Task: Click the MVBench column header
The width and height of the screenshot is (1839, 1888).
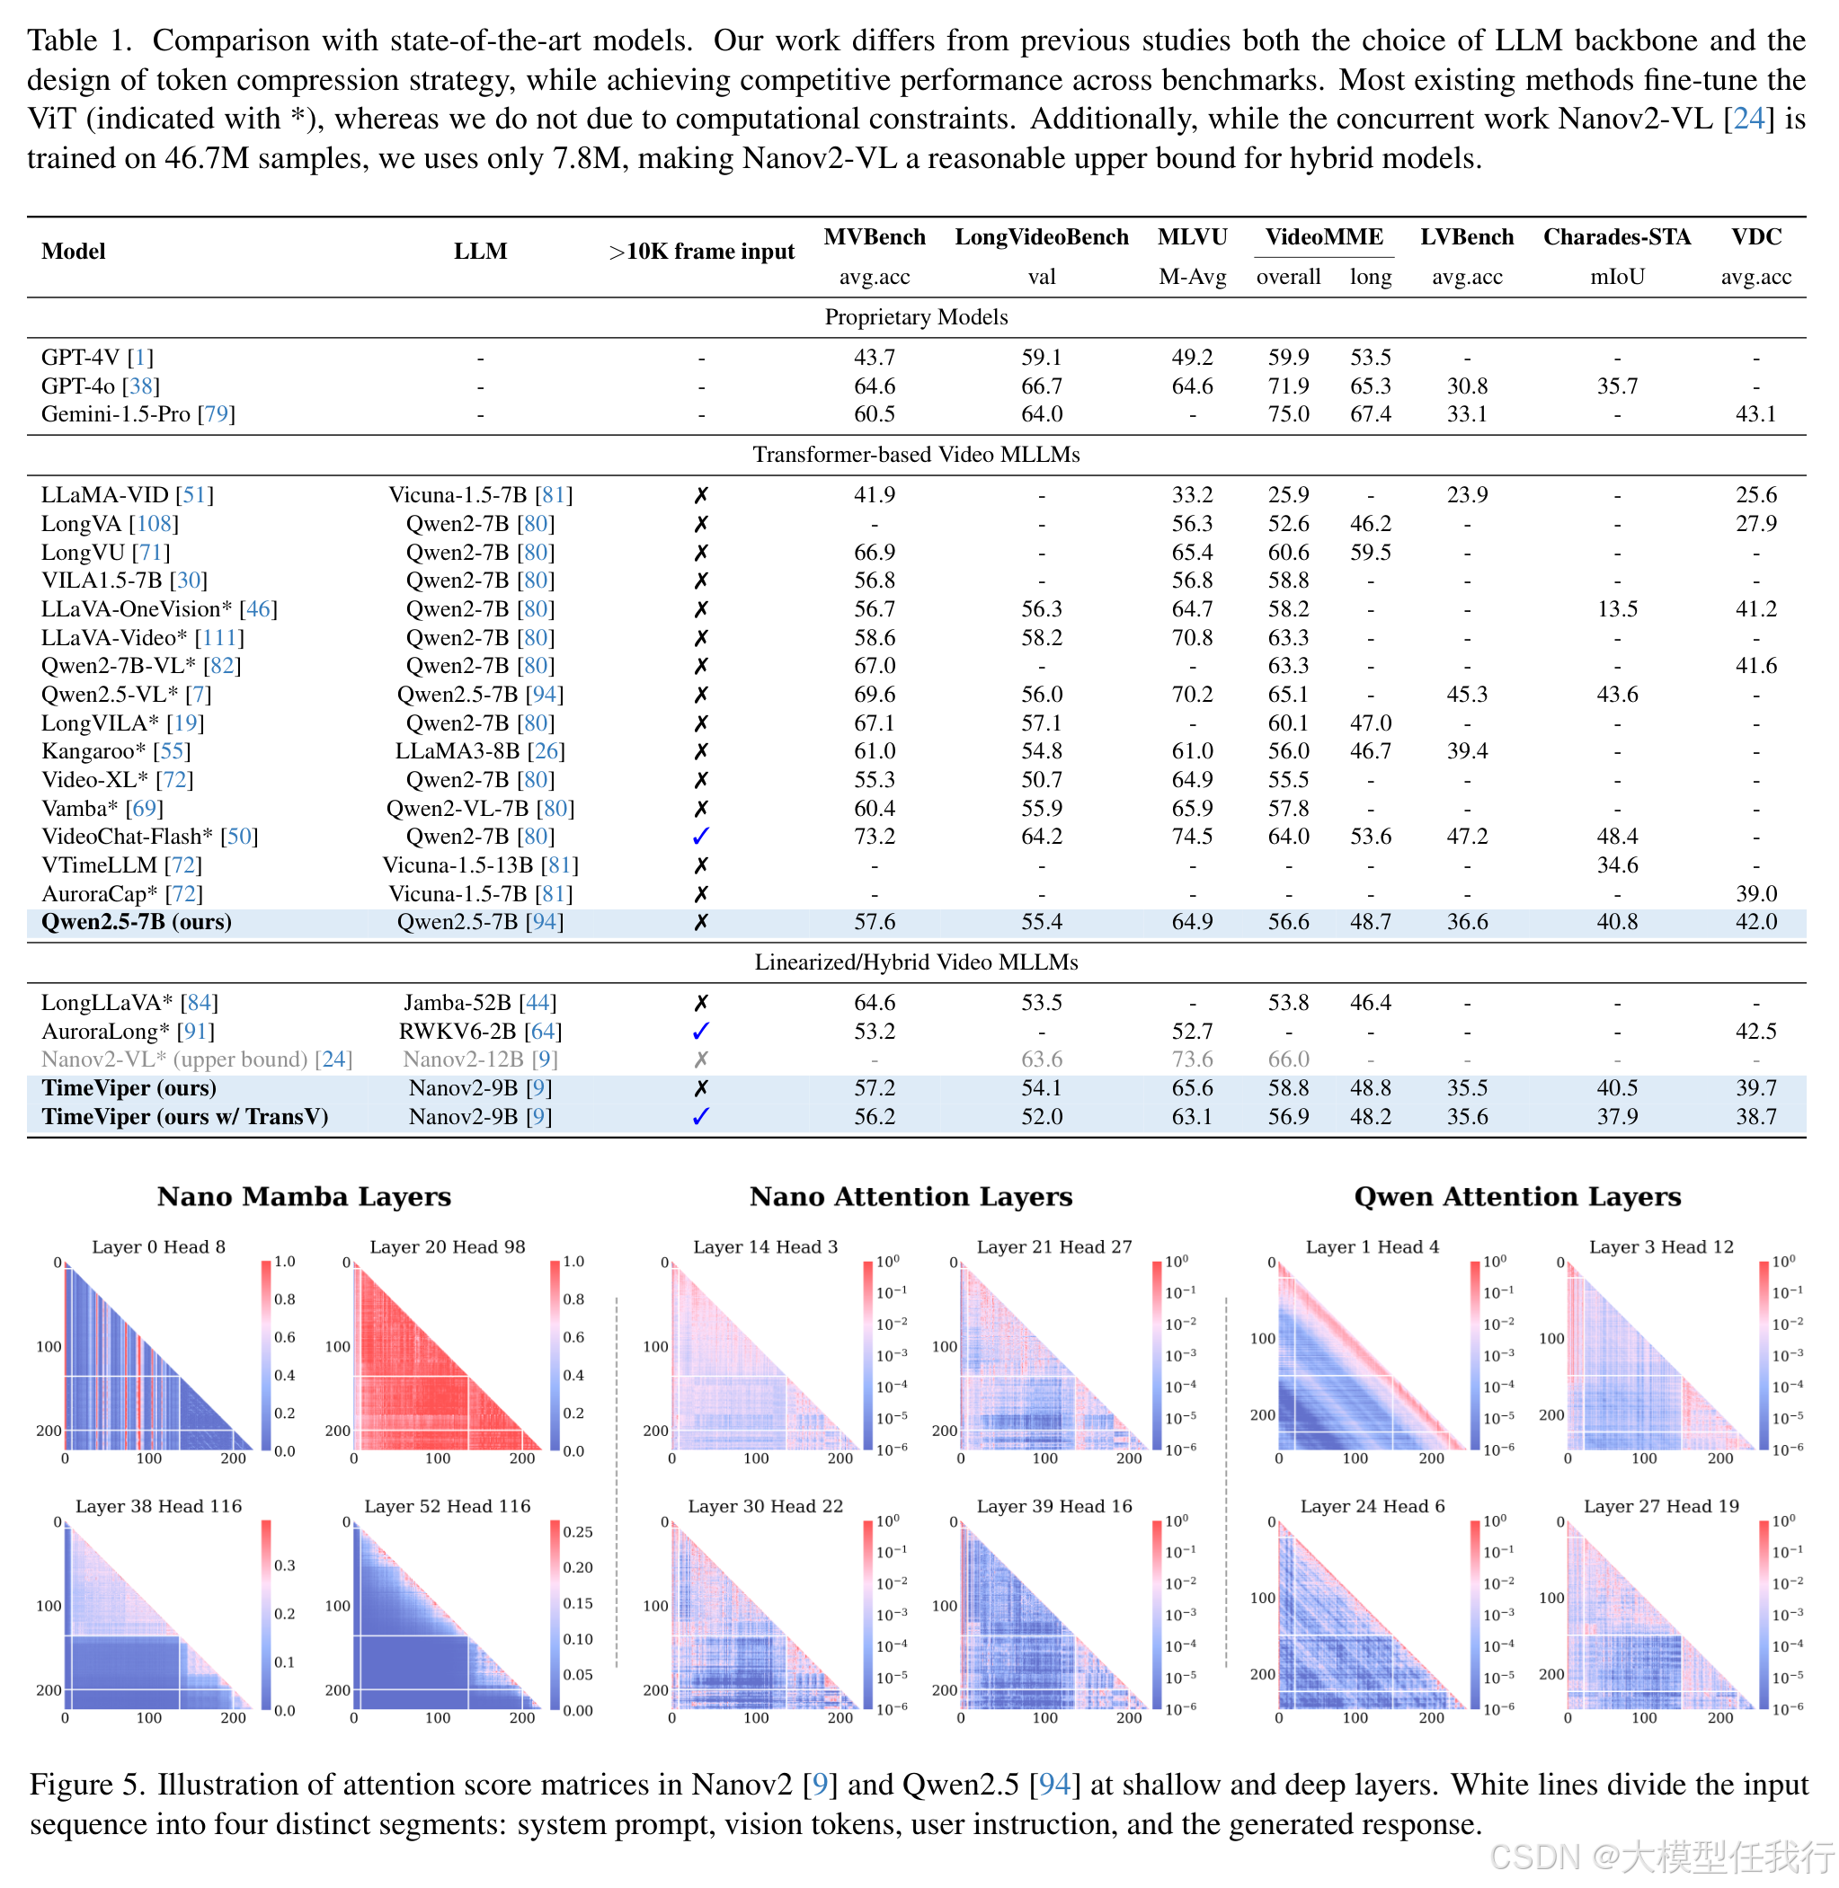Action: pos(874,237)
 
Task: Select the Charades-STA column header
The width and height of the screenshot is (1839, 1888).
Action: pos(1617,237)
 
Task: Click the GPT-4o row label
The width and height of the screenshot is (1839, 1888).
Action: pos(101,386)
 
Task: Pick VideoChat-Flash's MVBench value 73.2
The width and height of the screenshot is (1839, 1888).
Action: pos(874,837)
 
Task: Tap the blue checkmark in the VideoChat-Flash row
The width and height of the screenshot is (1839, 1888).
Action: pos(701,837)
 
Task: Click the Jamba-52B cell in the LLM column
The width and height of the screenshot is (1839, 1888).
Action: pos(480,1003)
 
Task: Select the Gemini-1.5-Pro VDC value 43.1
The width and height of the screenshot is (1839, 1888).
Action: pos(1756,414)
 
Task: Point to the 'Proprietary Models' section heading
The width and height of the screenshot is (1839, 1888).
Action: pos(916,318)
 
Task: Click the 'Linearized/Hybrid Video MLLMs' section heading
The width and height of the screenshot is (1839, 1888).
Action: pos(916,962)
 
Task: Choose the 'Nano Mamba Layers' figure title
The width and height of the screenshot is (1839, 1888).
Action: pos(304,1198)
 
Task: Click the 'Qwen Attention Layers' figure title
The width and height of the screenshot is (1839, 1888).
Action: pos(1517,1198)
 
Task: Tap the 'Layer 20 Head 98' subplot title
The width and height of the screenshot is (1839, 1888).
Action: pos(448,1246)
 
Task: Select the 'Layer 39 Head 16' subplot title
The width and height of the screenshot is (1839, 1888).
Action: pos(1053,1507)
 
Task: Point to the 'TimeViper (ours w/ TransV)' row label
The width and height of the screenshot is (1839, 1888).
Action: pos(184,1117)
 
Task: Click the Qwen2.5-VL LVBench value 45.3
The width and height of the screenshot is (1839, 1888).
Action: pos(1466,695)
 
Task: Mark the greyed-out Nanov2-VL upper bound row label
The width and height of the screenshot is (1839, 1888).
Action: pos(197,1060)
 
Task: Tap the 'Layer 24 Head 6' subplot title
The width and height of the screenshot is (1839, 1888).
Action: pos(1372,1507)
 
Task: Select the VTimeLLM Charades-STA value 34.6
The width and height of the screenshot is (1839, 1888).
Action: pos(1617,865)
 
